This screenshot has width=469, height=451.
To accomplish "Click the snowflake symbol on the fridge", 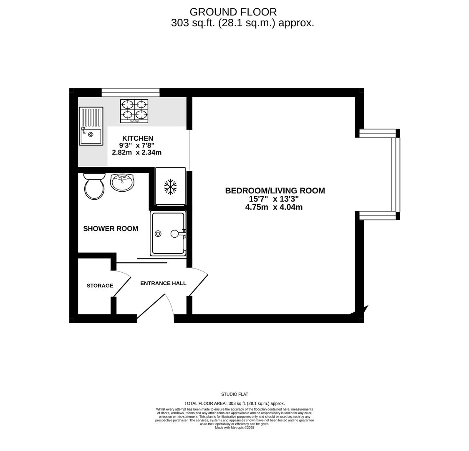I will (170, 187).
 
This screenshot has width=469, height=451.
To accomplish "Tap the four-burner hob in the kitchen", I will (134, 111).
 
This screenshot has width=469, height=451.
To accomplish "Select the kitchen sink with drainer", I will (91, 126).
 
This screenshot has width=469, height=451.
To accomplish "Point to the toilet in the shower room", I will (94, 186).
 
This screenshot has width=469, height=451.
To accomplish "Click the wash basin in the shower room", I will (122, 182).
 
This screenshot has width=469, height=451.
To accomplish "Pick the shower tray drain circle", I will (158, 233).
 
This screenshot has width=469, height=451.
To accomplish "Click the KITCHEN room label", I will (137, 138).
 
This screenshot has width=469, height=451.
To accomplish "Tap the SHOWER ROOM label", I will (111, 228).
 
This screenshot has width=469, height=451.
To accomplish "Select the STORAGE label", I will (100, 286).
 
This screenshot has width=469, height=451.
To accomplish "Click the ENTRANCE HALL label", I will (163, 283).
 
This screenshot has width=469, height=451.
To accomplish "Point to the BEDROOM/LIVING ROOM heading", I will (275, 190).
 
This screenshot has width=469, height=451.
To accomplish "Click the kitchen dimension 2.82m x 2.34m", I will (136, 152).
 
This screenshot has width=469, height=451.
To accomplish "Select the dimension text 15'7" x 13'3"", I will (274, 199).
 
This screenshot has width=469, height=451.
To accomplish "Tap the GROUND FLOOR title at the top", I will (233, 12).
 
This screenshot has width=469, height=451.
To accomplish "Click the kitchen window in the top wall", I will (131, 92).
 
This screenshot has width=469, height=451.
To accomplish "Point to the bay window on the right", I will (395, 174).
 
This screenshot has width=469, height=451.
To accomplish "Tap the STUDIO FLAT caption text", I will (234, 394).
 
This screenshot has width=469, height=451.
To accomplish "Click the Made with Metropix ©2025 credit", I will (234, 428).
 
